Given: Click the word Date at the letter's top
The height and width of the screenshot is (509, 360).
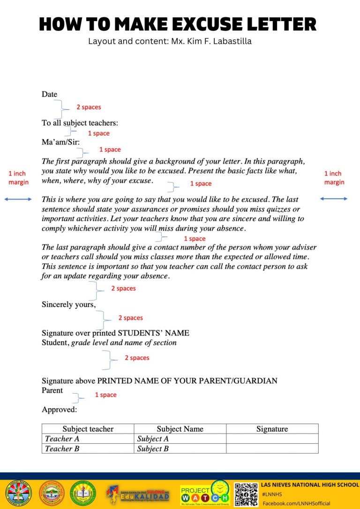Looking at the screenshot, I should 49,94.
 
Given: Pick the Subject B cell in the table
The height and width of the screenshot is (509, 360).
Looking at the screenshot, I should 153,449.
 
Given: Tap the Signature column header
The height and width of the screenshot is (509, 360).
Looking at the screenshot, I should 272,429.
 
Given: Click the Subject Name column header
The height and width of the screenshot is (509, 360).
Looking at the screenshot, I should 180,429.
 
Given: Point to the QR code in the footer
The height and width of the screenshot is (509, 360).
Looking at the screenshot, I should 246,494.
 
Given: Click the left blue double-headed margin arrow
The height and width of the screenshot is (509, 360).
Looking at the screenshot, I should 18,199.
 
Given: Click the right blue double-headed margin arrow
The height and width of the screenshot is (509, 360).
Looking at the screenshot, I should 334,199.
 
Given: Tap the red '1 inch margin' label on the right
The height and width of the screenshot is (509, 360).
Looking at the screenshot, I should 334,178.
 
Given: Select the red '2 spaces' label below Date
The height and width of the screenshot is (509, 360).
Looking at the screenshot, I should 89,107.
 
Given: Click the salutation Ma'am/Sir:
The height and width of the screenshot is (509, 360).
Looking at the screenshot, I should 60,142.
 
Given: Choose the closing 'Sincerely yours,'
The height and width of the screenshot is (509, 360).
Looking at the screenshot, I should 68,305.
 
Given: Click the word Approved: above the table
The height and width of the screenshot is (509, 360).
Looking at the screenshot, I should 59,410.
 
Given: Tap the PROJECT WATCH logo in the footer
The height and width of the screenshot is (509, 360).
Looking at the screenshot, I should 205,493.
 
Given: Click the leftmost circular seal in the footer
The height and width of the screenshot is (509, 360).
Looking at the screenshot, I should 17,494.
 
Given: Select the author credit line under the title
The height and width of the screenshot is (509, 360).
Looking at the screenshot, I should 170,41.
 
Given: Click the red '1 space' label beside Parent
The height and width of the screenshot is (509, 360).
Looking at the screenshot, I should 105,395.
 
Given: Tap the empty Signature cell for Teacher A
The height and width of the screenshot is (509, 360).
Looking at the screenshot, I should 272,439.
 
